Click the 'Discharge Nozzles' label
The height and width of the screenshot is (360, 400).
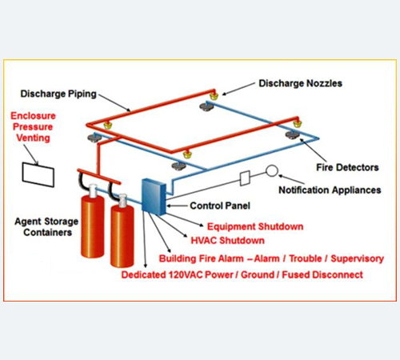[300, 83]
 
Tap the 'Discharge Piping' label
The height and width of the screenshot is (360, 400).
[58, 94]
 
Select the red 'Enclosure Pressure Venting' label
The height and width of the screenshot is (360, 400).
[33, 127]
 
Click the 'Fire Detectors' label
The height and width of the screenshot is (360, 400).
[347, 167]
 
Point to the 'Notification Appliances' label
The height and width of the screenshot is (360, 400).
[330, 190]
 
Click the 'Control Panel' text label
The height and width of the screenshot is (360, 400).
[220, 206]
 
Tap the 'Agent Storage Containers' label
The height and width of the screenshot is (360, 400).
[46, 226]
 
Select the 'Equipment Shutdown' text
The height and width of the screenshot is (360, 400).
[255, 226]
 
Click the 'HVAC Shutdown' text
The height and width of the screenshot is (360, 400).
[227, 241]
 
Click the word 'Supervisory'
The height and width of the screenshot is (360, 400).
[357, 258]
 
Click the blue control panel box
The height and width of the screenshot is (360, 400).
[154, 197]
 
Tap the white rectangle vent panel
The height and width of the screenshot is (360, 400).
[38, 174]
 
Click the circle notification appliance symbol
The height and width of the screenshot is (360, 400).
[272, 170]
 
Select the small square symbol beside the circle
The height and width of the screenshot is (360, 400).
[245, 178]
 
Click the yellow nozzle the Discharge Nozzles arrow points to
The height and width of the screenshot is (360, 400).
[214, 95]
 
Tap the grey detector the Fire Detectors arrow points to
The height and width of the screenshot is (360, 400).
[292, 134]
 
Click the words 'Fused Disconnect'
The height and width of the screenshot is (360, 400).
[322, 274]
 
